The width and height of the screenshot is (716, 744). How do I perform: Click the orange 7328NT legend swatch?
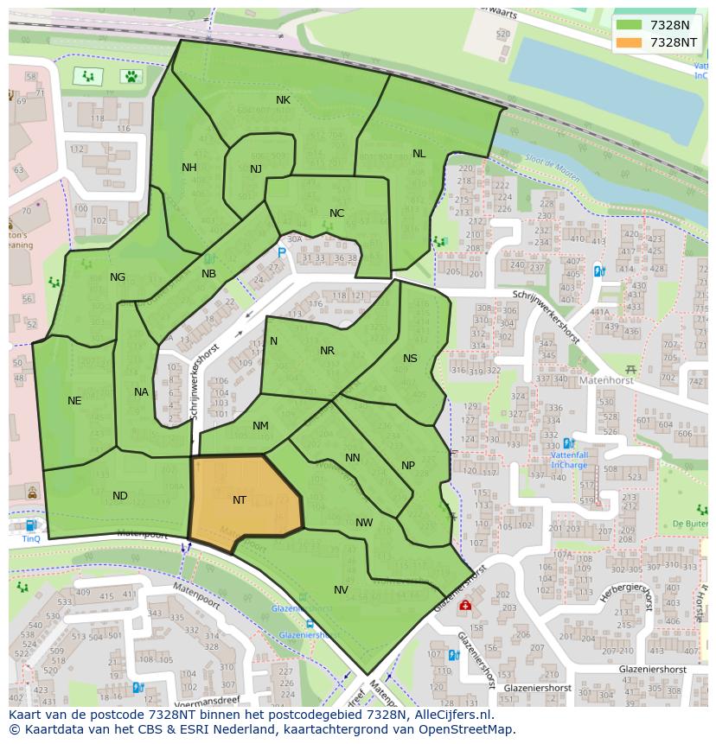630,42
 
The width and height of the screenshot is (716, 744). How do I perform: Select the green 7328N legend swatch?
630,25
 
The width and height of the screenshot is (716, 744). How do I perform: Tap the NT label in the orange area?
240,500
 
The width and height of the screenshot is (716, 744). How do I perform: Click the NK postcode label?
283,100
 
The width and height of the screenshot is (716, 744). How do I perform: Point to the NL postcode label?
419,154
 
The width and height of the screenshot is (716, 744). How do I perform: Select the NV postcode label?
341,590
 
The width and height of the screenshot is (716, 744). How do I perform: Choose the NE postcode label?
74,401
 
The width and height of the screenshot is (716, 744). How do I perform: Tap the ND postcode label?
120,496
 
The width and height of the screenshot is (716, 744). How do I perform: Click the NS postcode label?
410,359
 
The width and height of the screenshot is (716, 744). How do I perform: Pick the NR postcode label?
327,351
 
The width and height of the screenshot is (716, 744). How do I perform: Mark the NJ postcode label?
256,169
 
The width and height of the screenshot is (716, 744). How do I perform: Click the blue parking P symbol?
281,252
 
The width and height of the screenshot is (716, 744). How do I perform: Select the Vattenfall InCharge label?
569,460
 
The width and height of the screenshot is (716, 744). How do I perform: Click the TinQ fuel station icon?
31,525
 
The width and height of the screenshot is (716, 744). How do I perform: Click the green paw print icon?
131,76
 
